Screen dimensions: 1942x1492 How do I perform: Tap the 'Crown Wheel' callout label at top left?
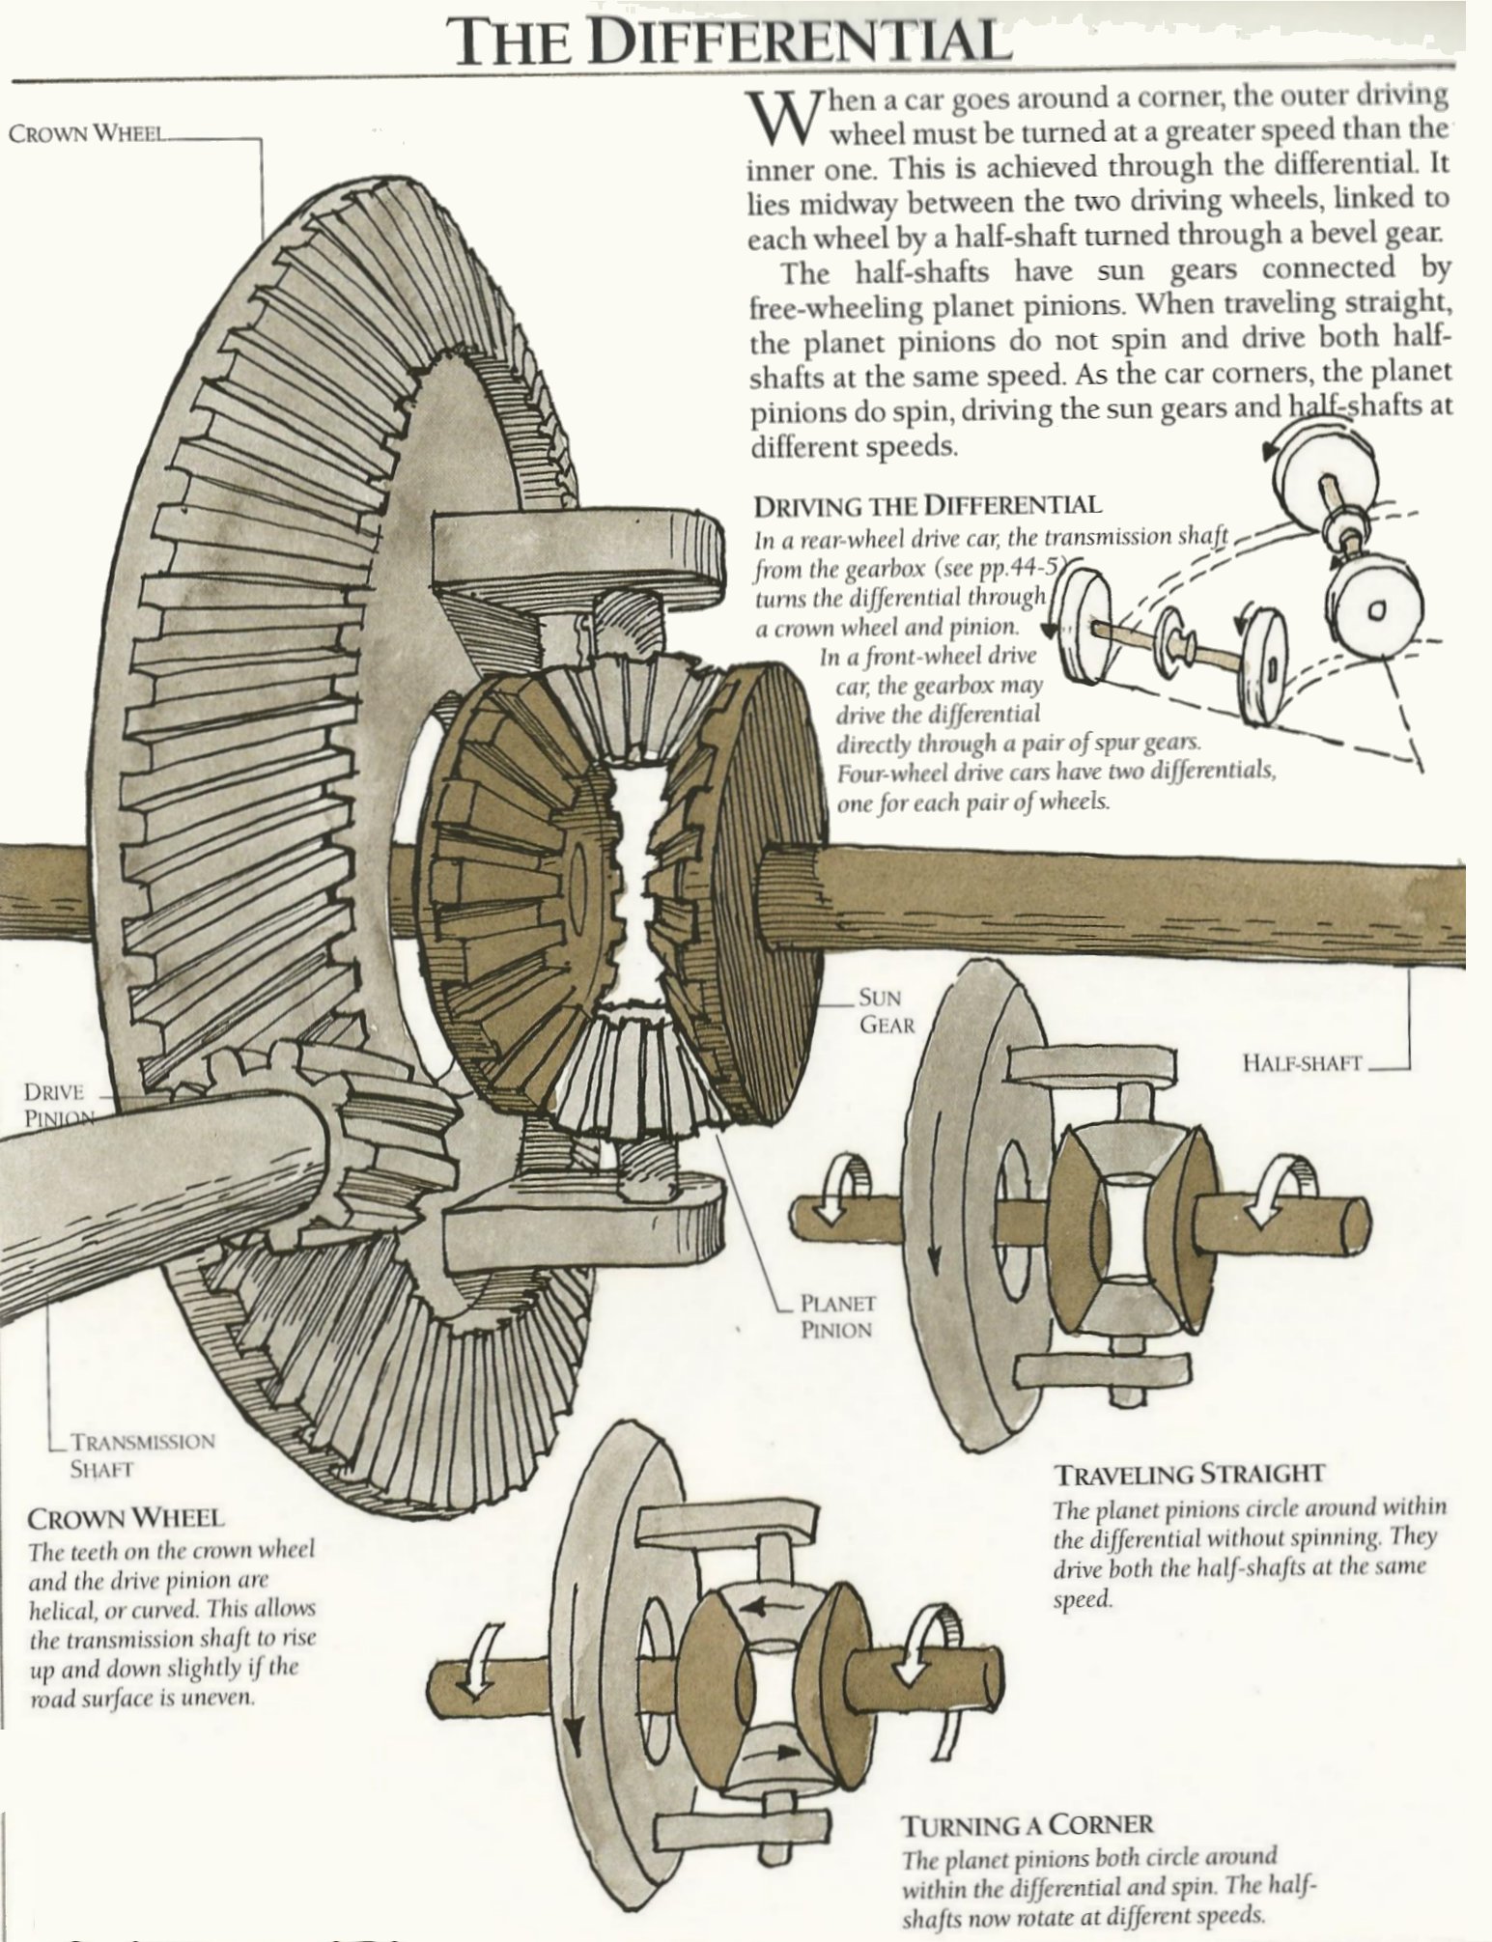pos(86,133)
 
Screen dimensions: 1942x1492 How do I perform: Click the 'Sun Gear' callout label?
pos(886,1011)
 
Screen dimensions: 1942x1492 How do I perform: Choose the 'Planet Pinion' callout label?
pos(836,1316)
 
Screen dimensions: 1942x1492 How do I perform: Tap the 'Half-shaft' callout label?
pos(1301,1063)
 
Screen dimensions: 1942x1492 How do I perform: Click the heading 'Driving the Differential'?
pos(927,505)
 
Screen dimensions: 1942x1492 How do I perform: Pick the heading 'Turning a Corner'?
pos(1027,1825)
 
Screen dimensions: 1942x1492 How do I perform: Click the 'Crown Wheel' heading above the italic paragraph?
pos(126,1518)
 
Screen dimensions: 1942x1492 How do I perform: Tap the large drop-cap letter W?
pos(775,117)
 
